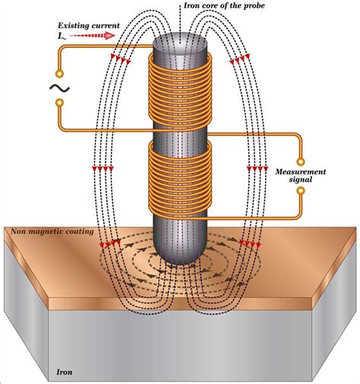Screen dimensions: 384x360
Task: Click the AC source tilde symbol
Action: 58,88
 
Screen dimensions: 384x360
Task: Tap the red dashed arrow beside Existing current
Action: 99,35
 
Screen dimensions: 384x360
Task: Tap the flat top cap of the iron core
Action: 179,40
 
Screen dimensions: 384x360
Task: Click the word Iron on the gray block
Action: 65,373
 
